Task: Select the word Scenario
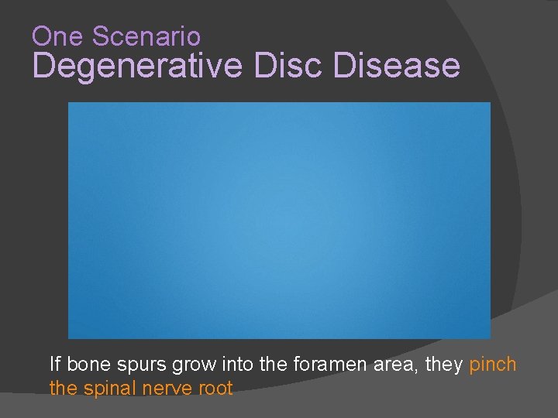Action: click(x=146, y=36)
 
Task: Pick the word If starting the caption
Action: click(x=54, y=364)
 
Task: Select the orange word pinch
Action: click(x=493, y=364)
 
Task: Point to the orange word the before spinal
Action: click(x=61, y=389)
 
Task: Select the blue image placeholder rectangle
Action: click(x=279, y=221)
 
